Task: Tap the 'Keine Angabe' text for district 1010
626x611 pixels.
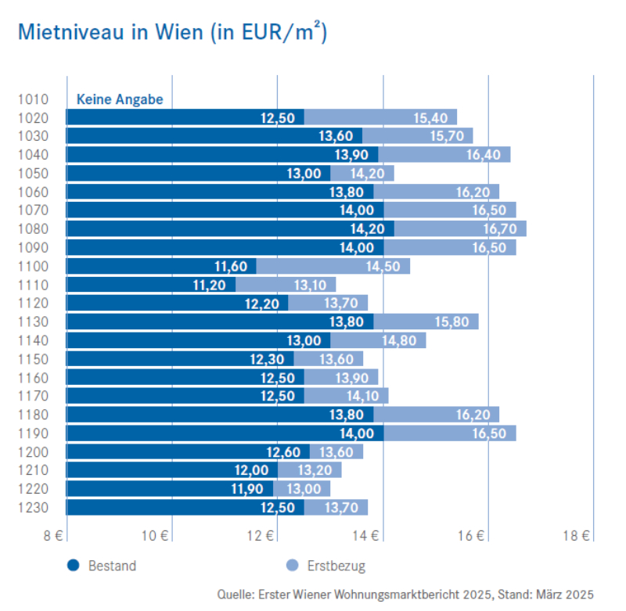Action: [120, 99]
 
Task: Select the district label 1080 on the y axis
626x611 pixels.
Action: [32, 229]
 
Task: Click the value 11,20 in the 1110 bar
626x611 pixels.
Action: [210, 285]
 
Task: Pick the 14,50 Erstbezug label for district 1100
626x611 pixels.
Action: [382, 267]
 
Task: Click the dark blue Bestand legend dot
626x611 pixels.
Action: [73, 566]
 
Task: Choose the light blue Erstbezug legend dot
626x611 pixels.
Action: [293, 566]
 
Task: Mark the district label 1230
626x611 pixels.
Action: [32, 508]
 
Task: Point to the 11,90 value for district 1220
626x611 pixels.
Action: [247, 489]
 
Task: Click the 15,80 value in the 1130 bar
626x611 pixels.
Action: [452, 322]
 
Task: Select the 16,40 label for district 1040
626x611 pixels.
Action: [483, 155]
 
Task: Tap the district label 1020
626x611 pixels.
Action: [32, 118]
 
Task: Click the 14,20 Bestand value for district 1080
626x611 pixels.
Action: [366, 229]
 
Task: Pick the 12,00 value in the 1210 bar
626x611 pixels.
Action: [252, 470]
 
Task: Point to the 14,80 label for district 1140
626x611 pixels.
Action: [399, 340]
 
